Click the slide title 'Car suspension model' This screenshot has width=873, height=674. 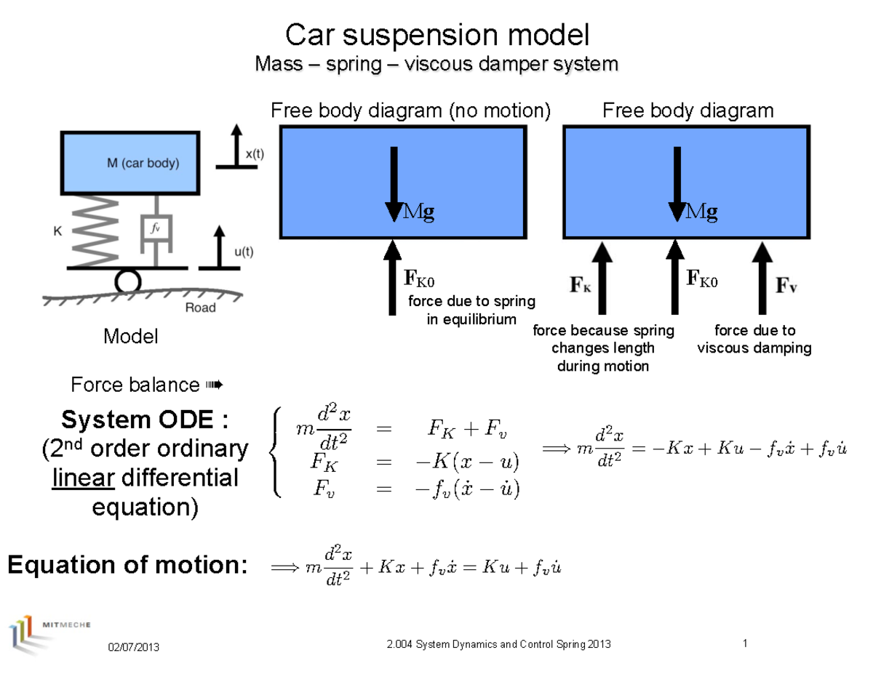pos(436,34)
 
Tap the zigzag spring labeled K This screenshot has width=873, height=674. pos(92,231)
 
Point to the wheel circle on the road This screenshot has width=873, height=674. pos(128,281)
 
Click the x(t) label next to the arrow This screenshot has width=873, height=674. pos(255,154)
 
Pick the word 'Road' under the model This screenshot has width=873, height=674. pos(200,308)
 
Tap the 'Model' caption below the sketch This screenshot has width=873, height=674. pos(131,337)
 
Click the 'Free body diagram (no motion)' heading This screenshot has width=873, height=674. pos(411,111)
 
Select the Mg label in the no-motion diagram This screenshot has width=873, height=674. pos(420,212)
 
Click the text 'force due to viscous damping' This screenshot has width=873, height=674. pos(754,340)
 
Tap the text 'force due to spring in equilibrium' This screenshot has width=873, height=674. pos(471,310)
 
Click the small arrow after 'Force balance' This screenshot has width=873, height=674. pos(213,384)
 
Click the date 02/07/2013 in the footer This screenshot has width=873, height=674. pos(134,647)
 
